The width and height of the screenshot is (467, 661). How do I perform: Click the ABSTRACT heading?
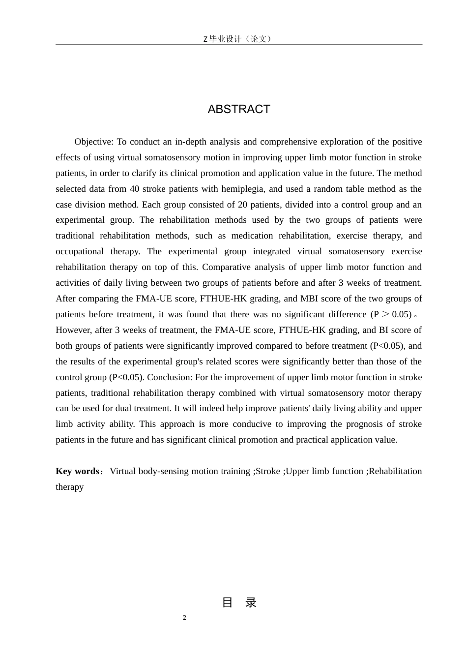pyautogui.click(x=239, y=109)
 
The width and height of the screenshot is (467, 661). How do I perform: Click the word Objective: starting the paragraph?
pyautogui.click(x=94, y=142)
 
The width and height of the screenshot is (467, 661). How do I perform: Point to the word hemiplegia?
pyautogui.click(x=242, y=189)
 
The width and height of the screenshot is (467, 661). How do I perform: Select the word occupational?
pyautogui.click(x=80, y=251)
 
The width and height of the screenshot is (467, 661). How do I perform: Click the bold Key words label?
pyautogui.click(x=78, y=471)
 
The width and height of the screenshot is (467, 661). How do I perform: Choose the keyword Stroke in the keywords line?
pyautogui.click(x=268, y=471)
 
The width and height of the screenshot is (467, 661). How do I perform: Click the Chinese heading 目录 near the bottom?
pyautogui.click(x=239, y=602)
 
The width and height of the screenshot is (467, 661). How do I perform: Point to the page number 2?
pyautogui.click(x=184, y=618)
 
